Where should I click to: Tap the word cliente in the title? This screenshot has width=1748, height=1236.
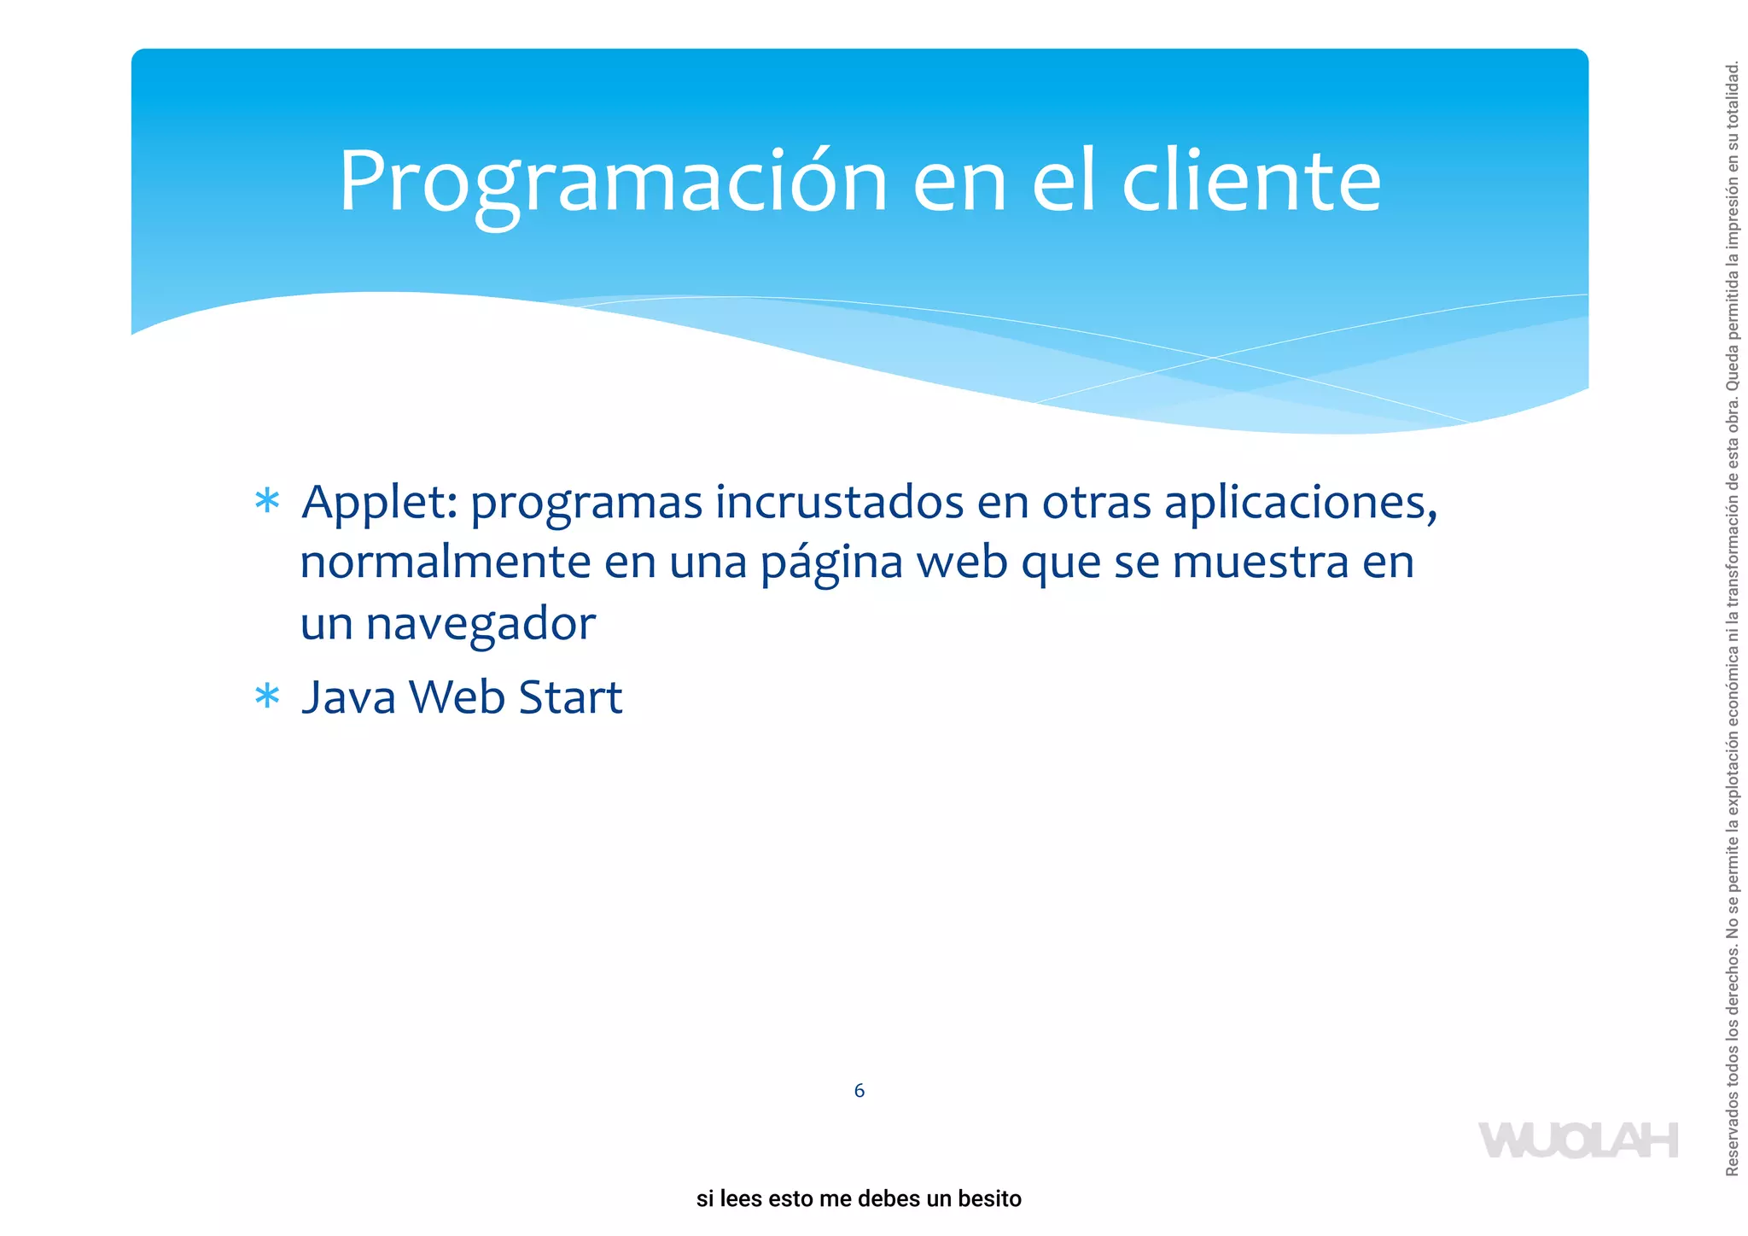1250,181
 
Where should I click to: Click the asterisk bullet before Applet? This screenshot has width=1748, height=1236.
267,501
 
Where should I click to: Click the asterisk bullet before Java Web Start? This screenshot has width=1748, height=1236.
267,697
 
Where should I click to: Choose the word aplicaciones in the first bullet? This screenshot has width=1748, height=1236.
1300,503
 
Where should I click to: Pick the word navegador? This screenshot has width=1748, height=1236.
481,624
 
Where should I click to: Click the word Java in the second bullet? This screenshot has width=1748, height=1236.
349,697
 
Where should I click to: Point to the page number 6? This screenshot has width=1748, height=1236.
859,1091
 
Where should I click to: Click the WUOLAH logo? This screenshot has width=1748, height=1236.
1577,1141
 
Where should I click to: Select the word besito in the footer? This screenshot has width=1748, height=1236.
989,1199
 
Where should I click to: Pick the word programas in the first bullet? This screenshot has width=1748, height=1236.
586,503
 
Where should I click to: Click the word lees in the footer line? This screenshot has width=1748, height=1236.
740,1199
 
